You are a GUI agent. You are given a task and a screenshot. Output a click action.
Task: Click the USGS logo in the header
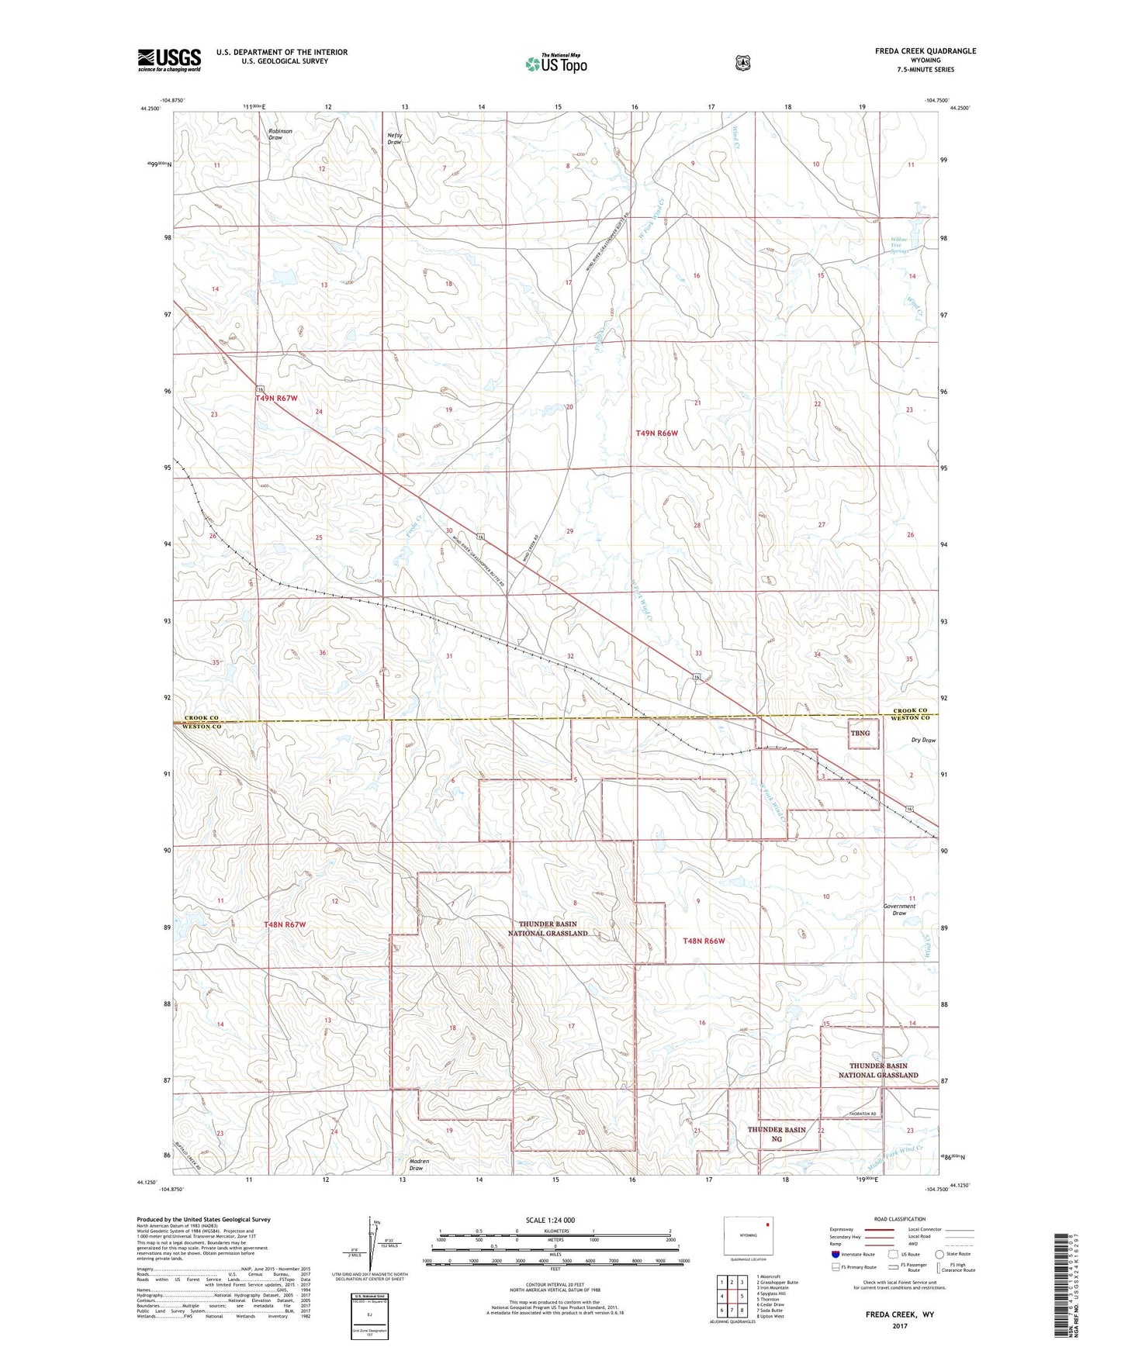tap(169, 60)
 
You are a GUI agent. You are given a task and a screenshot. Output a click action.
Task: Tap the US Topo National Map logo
tap(555, 63)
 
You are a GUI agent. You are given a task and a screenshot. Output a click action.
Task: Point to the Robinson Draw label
tap(280, 134)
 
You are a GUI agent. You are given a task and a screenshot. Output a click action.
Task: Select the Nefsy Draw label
tap(395, 139)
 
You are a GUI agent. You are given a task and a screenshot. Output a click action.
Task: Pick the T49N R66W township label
tap(656, 433)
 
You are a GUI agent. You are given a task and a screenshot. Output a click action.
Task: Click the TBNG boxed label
tap(860, 733)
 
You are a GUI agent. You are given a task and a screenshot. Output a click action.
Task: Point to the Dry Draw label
tap(922, 740)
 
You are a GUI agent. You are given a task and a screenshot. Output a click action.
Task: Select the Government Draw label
tap(899, 909)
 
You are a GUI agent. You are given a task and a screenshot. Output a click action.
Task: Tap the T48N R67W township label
tap(285, 924)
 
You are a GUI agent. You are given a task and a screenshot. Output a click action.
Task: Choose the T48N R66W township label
tap(703, 941)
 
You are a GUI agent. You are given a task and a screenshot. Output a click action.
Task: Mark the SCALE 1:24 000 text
tap(550, 1220)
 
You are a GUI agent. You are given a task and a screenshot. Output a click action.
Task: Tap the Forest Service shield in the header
tap(743, 63)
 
